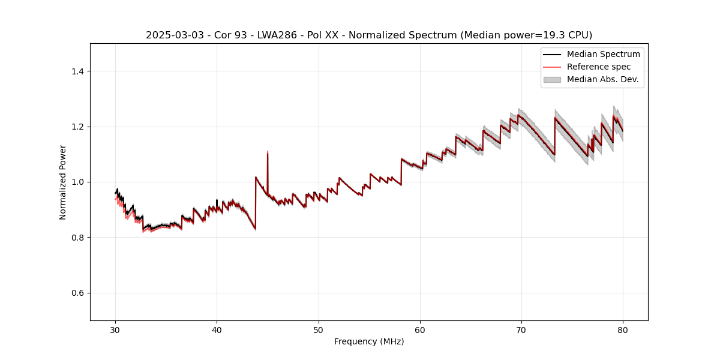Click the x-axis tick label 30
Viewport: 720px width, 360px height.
(x=115, y=329)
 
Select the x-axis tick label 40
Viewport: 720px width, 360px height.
(x=217, y=329)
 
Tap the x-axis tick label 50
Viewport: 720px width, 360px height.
(x=319, y=329)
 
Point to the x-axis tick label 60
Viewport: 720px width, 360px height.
(x=420, y=329)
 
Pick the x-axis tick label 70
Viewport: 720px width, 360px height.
(x=521, y=329)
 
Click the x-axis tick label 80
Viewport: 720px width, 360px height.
(x=623, y=329)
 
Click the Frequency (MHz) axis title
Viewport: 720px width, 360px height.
(x=369, y=341)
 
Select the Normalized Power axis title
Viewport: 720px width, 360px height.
(x=63, y=182)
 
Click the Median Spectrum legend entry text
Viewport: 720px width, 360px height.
(x=603, y=54)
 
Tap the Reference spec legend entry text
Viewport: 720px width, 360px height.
(x=599, y=67)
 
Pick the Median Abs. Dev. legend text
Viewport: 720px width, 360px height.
(x=603, y=79)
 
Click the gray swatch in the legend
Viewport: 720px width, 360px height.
(x=552, y=79)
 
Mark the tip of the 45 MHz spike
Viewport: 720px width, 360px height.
(x=268, y=151)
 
